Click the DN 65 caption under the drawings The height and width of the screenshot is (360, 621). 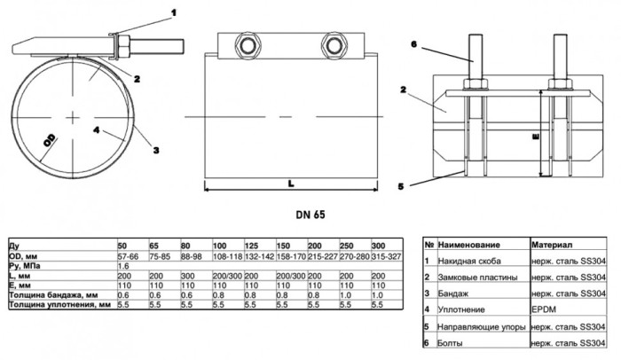tap(310, 215)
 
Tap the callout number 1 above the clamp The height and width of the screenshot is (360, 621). tap(174, 13)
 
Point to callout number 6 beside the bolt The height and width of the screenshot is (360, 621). tap(414, 44)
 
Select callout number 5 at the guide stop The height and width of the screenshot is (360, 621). tap(401, 186)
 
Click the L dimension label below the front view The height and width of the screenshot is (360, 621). tap(291, 184)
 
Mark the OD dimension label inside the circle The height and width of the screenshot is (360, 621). tap(50, 141)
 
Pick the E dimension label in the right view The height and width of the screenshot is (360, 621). tap(536, 137)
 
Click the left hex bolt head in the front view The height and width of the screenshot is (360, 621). tap(248, 45)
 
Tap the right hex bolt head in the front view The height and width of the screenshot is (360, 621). tap(334, 45)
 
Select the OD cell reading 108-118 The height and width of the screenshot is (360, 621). tap(227, 256)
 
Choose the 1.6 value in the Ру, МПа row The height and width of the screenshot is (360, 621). tap(123, 266)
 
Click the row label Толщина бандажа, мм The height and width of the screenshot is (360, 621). tap(53, 295)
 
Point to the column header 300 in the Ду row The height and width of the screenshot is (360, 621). tap(378, 246)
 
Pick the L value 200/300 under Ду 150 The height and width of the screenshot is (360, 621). tap(291, 276)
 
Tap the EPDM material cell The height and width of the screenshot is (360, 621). tap(543, 309)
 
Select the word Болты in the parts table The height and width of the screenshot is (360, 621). tap(450, 343)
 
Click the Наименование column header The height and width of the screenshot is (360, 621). tap(468, 245)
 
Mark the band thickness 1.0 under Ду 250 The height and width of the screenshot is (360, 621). tap(346, 295)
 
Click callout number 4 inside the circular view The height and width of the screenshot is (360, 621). tap(97, 129)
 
